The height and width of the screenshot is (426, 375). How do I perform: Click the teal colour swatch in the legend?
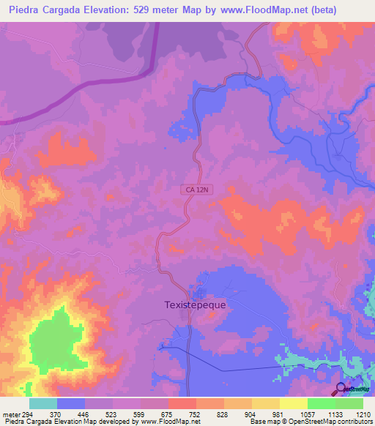click(x=43, y=403)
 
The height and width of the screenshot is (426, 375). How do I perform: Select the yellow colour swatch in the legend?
click(x=294, y=403)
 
